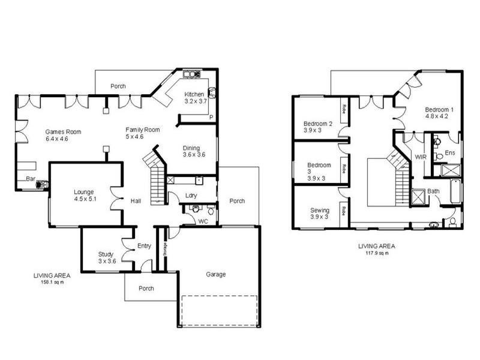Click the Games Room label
click(x=63, y=132)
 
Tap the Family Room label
click(x=142, y=130)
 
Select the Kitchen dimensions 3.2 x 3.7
click(x=195, y=101)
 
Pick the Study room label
click(x=106, y=254)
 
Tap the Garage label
click(x=216, y=274)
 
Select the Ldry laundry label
click(x=192, y=195)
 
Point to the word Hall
click(x=136, y=201)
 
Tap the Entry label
click(x=144, y=246)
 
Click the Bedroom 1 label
click(x=439, y=110)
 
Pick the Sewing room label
click(x=319, y=211)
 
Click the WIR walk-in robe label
click(x=421, y=156)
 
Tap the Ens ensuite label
click(x=449, y=152)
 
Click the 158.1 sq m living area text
click(x=52, y=281)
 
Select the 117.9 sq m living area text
click(x=376, y=253)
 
